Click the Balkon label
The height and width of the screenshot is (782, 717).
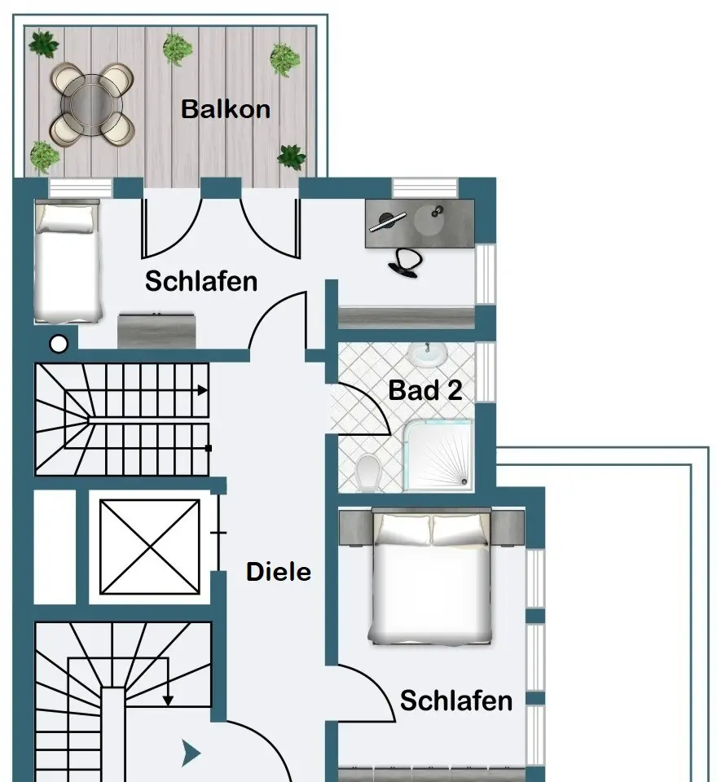[225, 109]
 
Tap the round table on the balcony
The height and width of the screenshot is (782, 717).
[91, 103]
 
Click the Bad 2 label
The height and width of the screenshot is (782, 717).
[424, 390]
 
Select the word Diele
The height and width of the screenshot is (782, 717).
[279, 572]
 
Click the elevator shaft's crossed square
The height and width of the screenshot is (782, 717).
[149, 547]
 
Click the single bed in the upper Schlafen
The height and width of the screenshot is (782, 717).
[68, 261]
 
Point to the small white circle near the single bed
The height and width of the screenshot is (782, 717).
[59, 345]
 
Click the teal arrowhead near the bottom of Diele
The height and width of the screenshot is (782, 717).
[191, 753]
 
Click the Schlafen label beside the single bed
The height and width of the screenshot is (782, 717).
[201, 282]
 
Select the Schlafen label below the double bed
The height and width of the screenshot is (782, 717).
[456, 701]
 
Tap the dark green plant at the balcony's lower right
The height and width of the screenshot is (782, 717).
[291, 156]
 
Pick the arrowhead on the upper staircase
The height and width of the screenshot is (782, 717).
[201, 391]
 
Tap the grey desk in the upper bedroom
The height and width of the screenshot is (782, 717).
[420, 217]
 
